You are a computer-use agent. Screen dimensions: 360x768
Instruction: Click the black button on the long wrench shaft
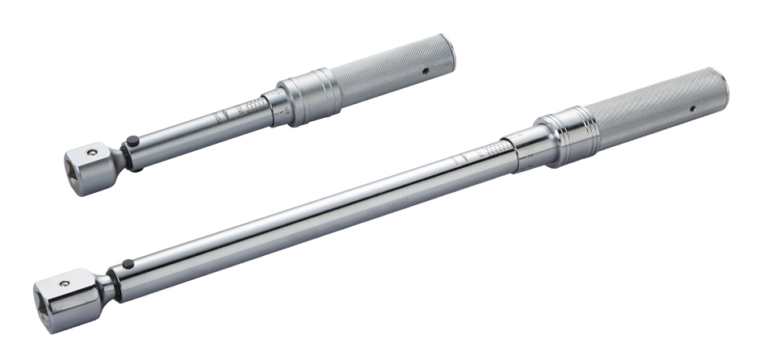(x=127, y=263)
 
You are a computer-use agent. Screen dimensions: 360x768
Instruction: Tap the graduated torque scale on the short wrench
(x=252, y=108)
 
